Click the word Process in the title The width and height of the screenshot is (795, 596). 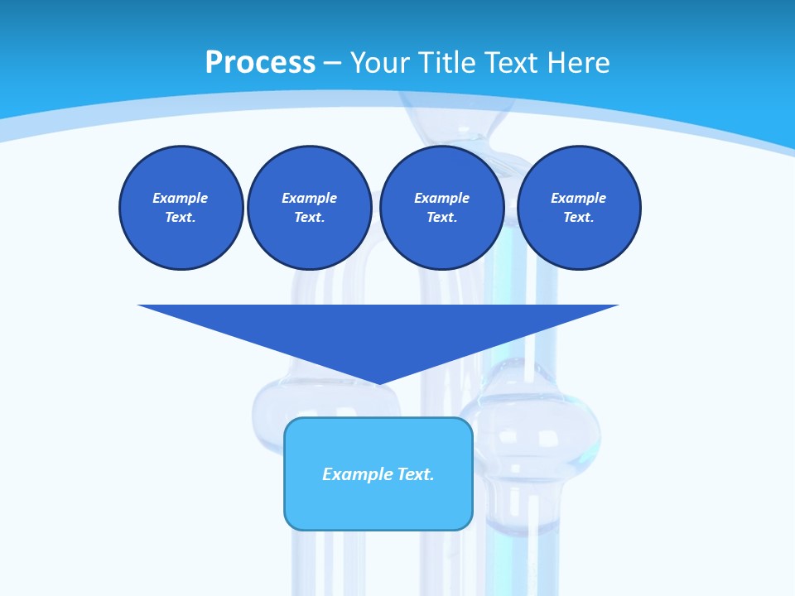[x=260, y=63]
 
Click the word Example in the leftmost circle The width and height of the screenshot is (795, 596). [x=181, y=198]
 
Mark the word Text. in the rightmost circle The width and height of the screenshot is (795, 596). [x=578, y=217]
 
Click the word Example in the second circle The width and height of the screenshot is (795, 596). [x=309, y=198]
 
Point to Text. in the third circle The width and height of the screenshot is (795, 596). [x=441, y=217]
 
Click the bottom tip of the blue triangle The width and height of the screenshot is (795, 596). [x=378, y=382]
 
